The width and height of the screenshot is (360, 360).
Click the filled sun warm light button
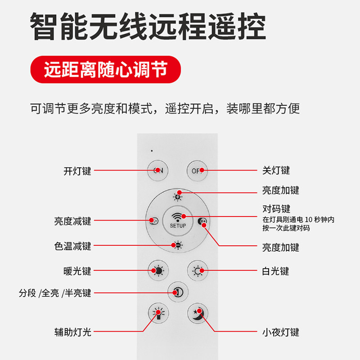tap(158, 271)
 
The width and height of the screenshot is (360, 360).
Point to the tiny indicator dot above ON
tap(152, 150)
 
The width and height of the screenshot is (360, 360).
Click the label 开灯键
tap(77, 171)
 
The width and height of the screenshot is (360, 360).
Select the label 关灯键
tap(276, 171)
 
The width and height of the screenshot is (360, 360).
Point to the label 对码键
tap(276, 209)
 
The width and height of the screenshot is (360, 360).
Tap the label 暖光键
tap(77, 271)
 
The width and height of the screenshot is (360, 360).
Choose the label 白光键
tap(275, 271)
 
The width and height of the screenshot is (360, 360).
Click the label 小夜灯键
tap(280, 333)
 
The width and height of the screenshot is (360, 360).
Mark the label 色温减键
tap(72, 246)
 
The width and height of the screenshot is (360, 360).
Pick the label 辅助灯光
tap(72, 333)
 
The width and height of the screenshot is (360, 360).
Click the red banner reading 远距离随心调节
tap(106, 70)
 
